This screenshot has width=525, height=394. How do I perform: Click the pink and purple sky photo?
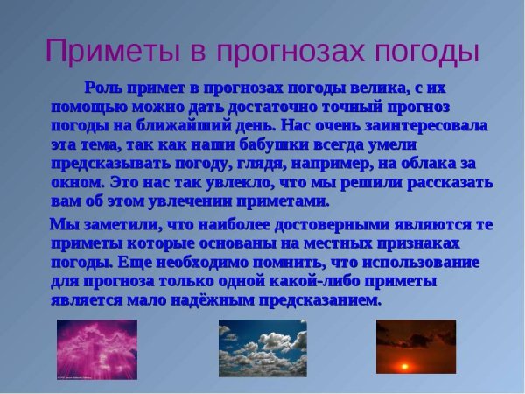97,349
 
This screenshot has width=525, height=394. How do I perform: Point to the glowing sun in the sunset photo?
405,365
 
